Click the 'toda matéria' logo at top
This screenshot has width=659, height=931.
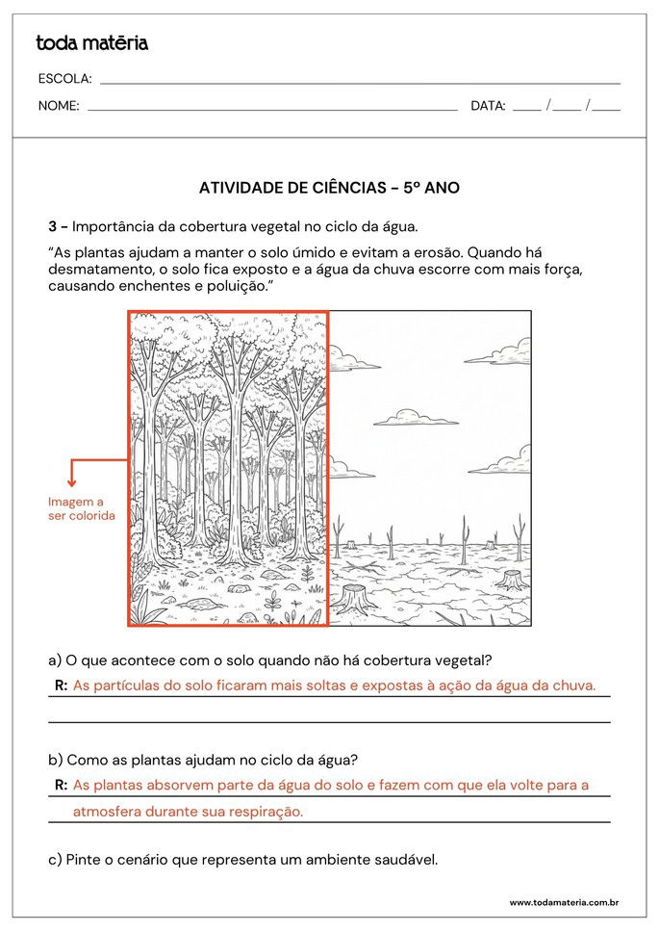point(91,42)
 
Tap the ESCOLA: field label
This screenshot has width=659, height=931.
point(64,79)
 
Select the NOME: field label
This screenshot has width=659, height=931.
point(59,106)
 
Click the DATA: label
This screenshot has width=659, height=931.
point(488,106)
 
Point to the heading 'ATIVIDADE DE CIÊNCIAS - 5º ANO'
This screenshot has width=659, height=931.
point(329,188)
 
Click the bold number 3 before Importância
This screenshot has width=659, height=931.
point(53,227)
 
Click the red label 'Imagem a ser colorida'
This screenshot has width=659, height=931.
point(81,509)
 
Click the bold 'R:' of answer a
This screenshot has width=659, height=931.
point(61,685)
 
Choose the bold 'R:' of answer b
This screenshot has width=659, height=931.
point(61,786)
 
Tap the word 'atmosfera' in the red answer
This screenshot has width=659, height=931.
point(107,812)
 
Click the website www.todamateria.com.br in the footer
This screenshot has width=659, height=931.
point(563,903)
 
